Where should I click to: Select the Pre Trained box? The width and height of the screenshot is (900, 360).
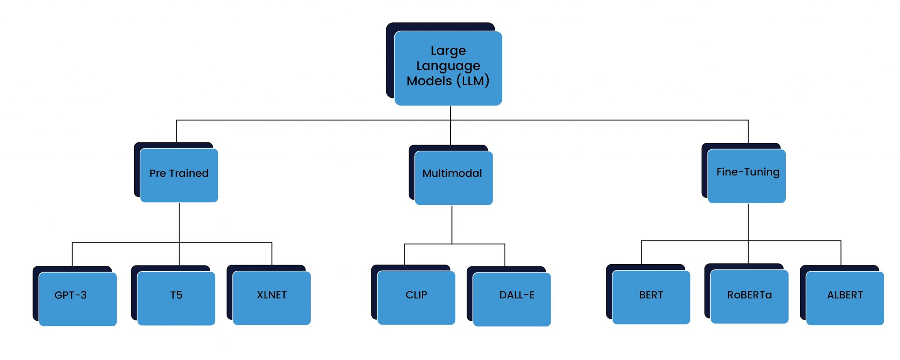(x=179, y=175)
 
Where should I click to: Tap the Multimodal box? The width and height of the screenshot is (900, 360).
(x=454, y=178)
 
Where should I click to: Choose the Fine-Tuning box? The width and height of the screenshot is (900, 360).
(x=747, y=176)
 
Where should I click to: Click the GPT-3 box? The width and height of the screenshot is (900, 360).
(x=78, y=299)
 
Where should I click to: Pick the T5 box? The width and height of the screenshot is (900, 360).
(x=176, y=298)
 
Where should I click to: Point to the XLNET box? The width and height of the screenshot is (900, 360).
(x=272, y=298)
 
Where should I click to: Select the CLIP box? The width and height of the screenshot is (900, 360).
(x=416, y=298)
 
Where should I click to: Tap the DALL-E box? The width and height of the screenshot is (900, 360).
(x=512, y=299)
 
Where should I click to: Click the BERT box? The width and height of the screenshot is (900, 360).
(x=651, y=297)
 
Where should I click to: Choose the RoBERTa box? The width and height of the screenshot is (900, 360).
(x=749, y=296)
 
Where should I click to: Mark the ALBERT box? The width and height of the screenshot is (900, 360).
(x=845, y=298)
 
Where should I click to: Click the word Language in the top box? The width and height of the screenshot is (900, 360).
(x=448, y=66)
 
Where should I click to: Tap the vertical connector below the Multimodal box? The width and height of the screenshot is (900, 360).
(x=452, y=224)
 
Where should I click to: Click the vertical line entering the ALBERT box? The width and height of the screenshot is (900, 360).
(x=841, y=253)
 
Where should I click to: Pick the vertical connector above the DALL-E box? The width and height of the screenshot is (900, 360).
(x=504, y=255)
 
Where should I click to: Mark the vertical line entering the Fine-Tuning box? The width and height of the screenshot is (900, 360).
(x=748, y=131)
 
